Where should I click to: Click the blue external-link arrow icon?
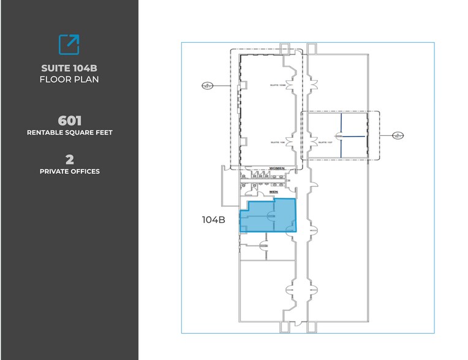(x=69, y=44)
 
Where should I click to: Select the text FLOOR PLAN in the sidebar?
(x=69, y=79)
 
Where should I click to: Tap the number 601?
(x=69, y=121)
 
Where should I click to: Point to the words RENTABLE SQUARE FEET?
(x=69, y=132)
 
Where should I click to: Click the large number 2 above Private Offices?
(x=69, y=160)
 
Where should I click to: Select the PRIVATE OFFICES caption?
(x=69, y=171)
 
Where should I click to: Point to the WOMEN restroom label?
(x=277, y=168)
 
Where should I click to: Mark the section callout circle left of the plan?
(x=206, y=86)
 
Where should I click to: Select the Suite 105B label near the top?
(x=278, y=85)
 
